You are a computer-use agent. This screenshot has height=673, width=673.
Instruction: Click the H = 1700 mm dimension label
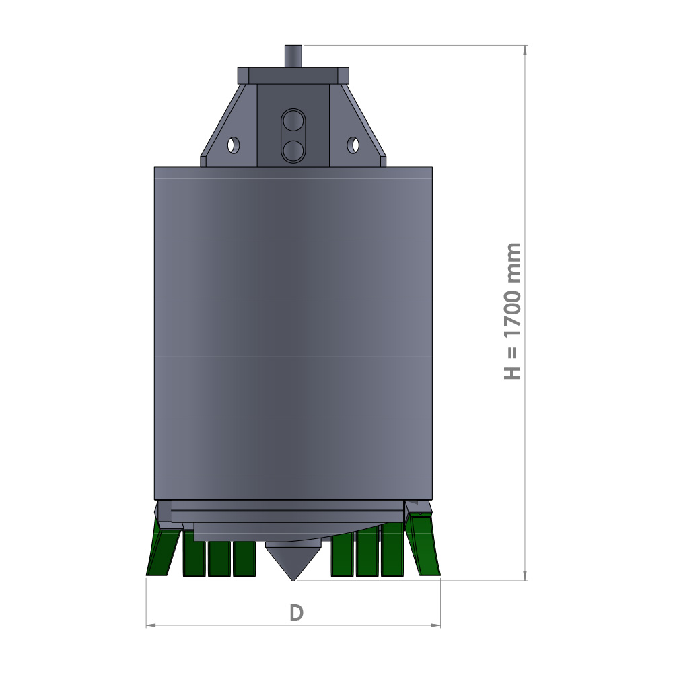[512, 311]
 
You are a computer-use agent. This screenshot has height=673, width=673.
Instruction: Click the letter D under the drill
[297, 612]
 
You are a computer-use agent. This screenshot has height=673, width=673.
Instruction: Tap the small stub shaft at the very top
[293, 57]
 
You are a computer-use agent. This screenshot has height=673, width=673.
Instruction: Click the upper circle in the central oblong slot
[293, 120]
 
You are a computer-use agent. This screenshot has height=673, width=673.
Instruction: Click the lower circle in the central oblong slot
[293, 150]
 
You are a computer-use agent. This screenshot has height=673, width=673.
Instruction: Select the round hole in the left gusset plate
[234, 145]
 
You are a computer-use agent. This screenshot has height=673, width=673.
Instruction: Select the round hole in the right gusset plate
[353, 145]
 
